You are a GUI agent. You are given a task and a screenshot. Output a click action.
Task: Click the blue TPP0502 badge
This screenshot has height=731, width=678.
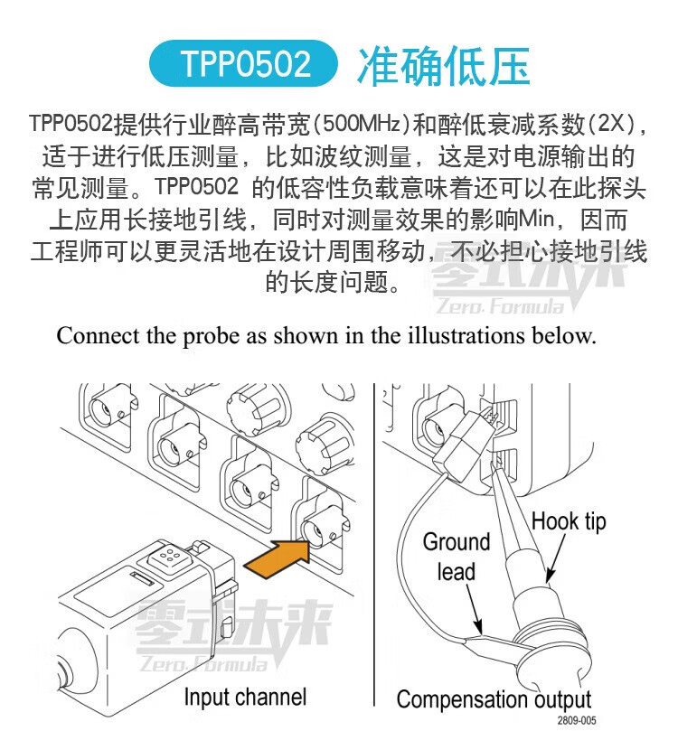243,63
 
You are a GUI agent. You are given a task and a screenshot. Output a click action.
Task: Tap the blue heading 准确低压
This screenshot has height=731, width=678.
444,66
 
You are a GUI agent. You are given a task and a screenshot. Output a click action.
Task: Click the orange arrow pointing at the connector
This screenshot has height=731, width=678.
277,558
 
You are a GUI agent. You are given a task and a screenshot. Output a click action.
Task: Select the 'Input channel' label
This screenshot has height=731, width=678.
245,697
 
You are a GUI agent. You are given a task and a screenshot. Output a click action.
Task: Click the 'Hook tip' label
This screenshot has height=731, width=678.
569,521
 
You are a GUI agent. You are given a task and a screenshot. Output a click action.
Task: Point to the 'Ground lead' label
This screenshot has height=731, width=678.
457,557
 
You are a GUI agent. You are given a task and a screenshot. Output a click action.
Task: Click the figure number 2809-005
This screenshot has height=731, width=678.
577,720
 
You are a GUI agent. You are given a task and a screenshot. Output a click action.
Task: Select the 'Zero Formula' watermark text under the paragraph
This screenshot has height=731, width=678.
501,306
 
